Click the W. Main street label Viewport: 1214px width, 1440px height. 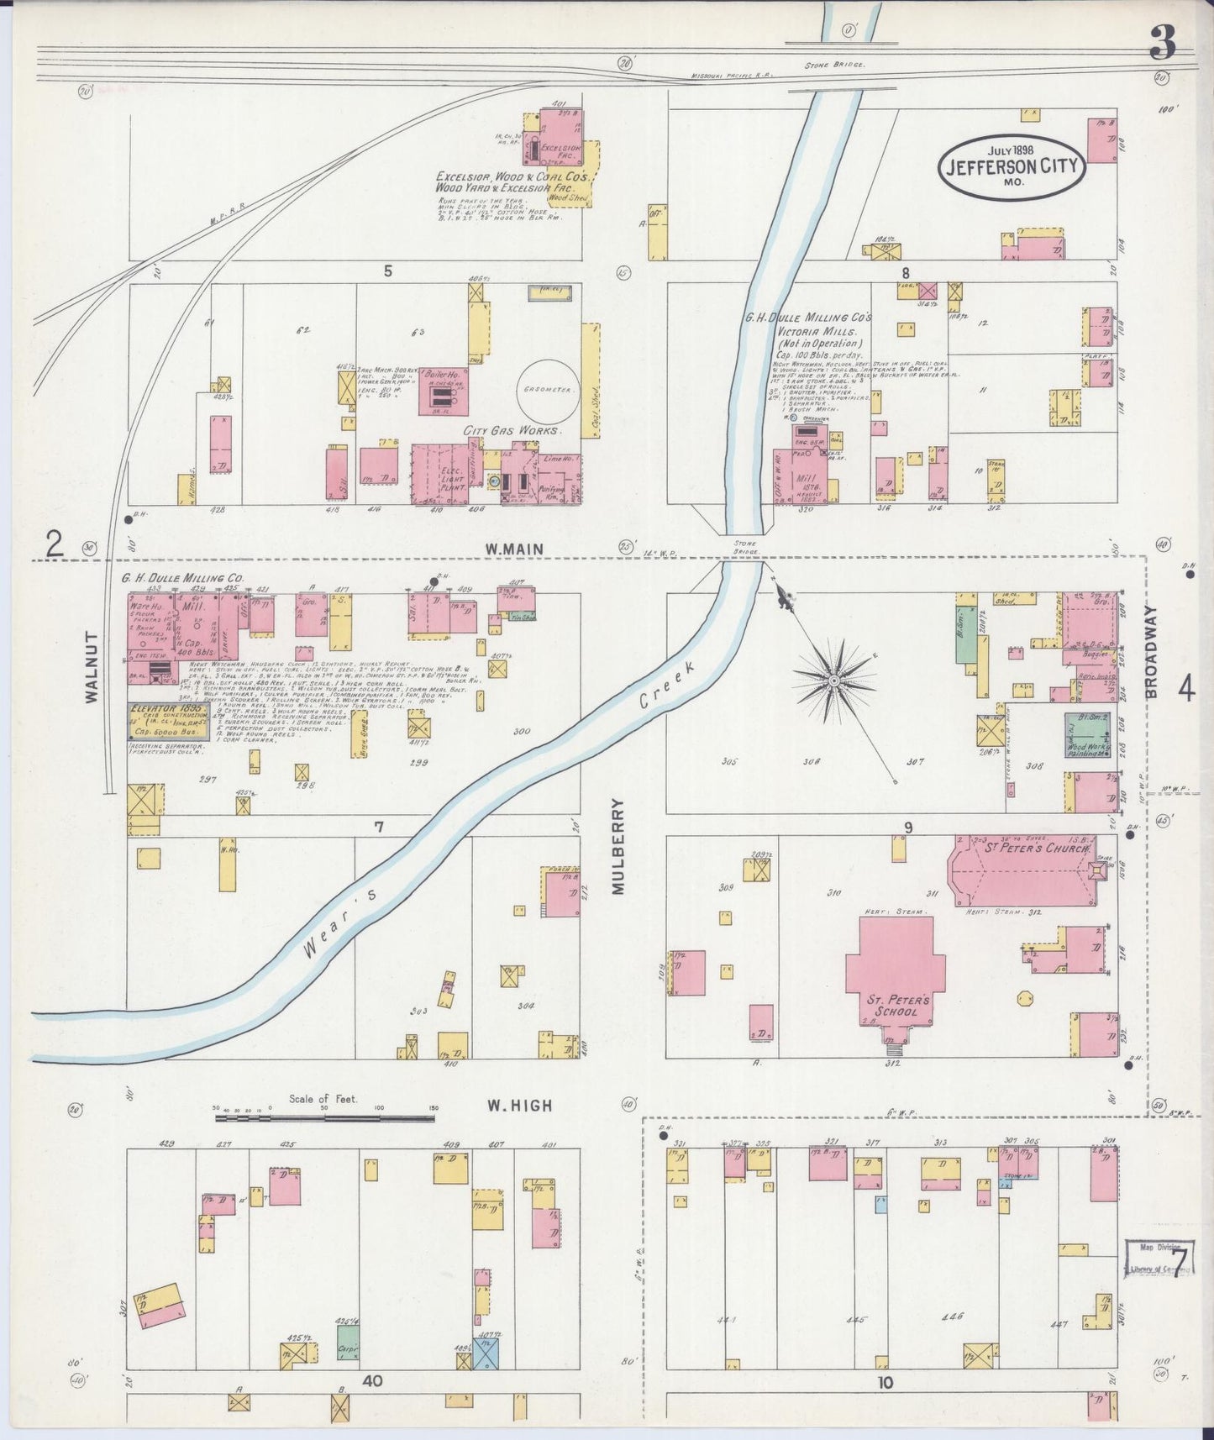click(513, 549)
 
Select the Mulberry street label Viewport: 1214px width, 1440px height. click(619, 845)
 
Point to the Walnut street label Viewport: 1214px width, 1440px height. click(92, 666)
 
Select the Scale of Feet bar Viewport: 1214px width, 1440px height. click(324, 1117)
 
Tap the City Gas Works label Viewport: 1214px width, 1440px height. click(512, 430)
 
